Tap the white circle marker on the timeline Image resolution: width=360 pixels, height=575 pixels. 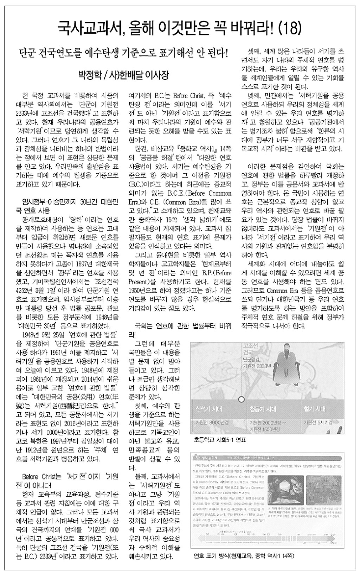(241, 400)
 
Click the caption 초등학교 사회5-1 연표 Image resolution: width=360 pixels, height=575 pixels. (220, 440)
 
